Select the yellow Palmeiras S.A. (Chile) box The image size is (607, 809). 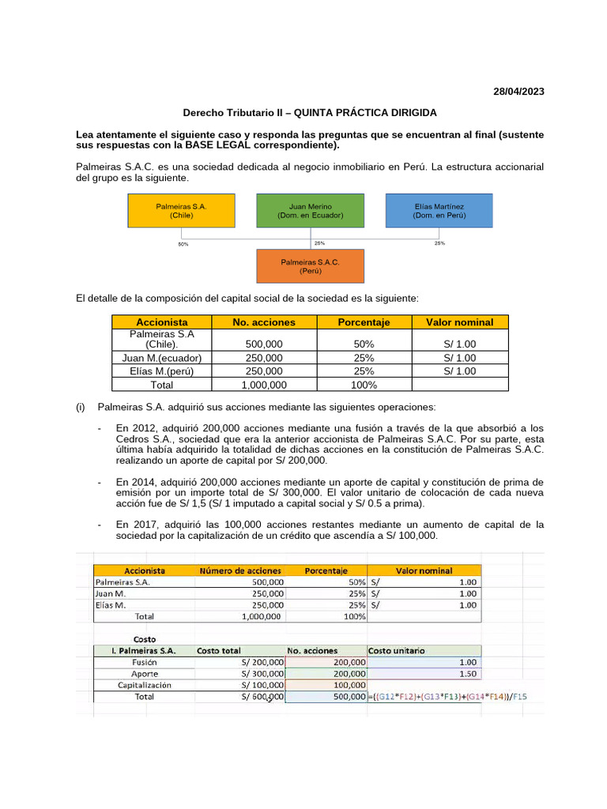[181, 210]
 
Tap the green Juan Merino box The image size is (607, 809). [310, 210]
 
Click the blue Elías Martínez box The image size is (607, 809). [439, 210]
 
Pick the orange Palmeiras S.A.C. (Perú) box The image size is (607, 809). [310, 265]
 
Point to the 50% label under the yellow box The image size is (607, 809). [183, 244]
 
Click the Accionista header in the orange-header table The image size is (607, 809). [162, 322]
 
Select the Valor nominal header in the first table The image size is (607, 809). [459, 322]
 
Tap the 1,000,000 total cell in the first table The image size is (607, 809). [263, 385]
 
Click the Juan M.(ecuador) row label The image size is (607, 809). [162, 358]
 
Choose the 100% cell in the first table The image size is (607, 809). [364, 385]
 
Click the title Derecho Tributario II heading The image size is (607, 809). [310, 113]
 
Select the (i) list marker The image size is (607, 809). [80, 408]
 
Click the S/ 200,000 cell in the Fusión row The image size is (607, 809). [262, 662]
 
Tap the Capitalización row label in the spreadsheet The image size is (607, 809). [145, 685]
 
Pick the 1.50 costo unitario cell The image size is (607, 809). [466, 673]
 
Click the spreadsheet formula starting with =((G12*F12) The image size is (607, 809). [447, 697]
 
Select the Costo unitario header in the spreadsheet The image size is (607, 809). [401, 650]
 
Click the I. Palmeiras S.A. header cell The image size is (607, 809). [145, 650]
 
